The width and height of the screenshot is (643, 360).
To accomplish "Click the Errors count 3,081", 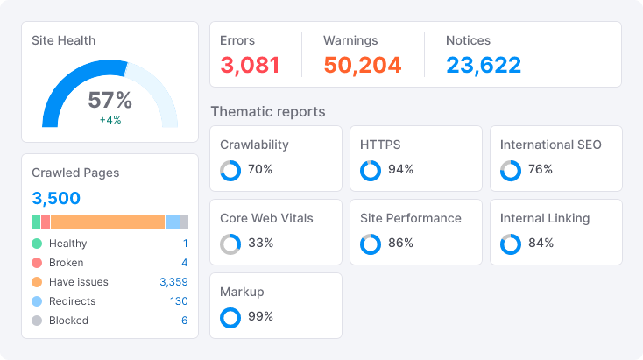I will point(250,65).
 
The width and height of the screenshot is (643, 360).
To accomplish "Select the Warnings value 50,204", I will point(362,65).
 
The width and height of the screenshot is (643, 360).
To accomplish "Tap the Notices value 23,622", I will point(483,65).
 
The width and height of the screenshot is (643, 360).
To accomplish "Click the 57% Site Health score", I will point(110,100).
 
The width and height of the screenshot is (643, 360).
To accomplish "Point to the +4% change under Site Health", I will point(110,120).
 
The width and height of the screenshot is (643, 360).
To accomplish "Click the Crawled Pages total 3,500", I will point(56,198).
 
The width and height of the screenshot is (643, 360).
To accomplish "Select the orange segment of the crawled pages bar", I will point(108,222).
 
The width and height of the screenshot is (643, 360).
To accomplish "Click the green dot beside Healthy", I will point(37,244).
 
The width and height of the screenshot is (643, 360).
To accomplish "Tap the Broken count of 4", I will point(184,263).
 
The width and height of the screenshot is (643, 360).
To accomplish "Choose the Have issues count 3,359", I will point(173,282).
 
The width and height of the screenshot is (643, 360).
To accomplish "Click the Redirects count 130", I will point(179,301).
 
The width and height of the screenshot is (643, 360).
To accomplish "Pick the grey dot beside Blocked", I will point(37,321).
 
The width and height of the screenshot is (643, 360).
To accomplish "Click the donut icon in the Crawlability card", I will point(230,171).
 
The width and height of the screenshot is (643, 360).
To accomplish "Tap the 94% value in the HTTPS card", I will point(400,170).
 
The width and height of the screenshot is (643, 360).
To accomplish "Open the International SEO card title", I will point(550,145).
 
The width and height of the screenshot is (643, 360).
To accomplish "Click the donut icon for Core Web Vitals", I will point(230,244).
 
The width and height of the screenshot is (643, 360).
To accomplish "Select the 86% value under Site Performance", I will point(400,244).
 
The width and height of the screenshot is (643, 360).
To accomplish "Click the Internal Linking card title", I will point(544,218).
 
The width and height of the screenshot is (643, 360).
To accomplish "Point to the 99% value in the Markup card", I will point(260,317).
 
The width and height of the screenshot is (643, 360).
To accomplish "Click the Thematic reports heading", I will point(267,112).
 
